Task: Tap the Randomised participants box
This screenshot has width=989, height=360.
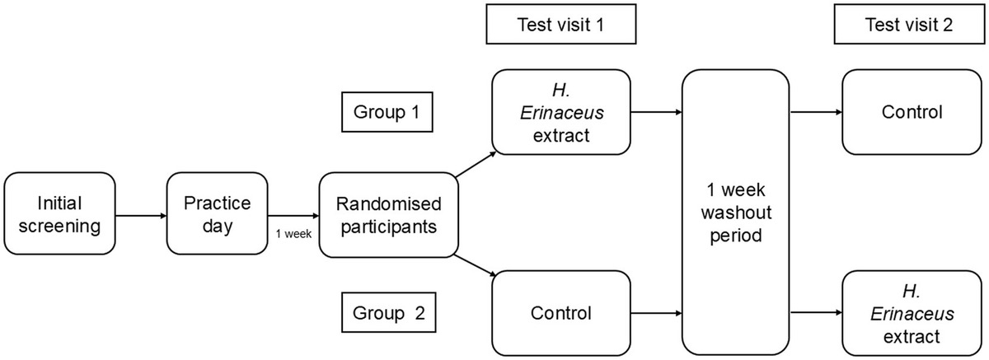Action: pyautogui.click(x=388, y=213)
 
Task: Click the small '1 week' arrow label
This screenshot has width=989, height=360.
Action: pyautogui.click(x=293, y=233)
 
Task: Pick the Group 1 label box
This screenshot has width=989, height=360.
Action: pyautogui.click(x=387, y=111)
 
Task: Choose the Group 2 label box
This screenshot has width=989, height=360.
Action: pyautogui.click(x=387, y=313)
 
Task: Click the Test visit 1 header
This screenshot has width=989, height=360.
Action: pyautogui.click(x=561, y=24)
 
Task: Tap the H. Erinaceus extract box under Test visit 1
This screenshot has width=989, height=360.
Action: pyautogui.click(x=560, y=111)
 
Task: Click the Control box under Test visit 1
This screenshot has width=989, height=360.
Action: pyautogui.click(x=560, y=313)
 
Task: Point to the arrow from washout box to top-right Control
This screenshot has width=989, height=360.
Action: pyautogui.click(x=815, y=112)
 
